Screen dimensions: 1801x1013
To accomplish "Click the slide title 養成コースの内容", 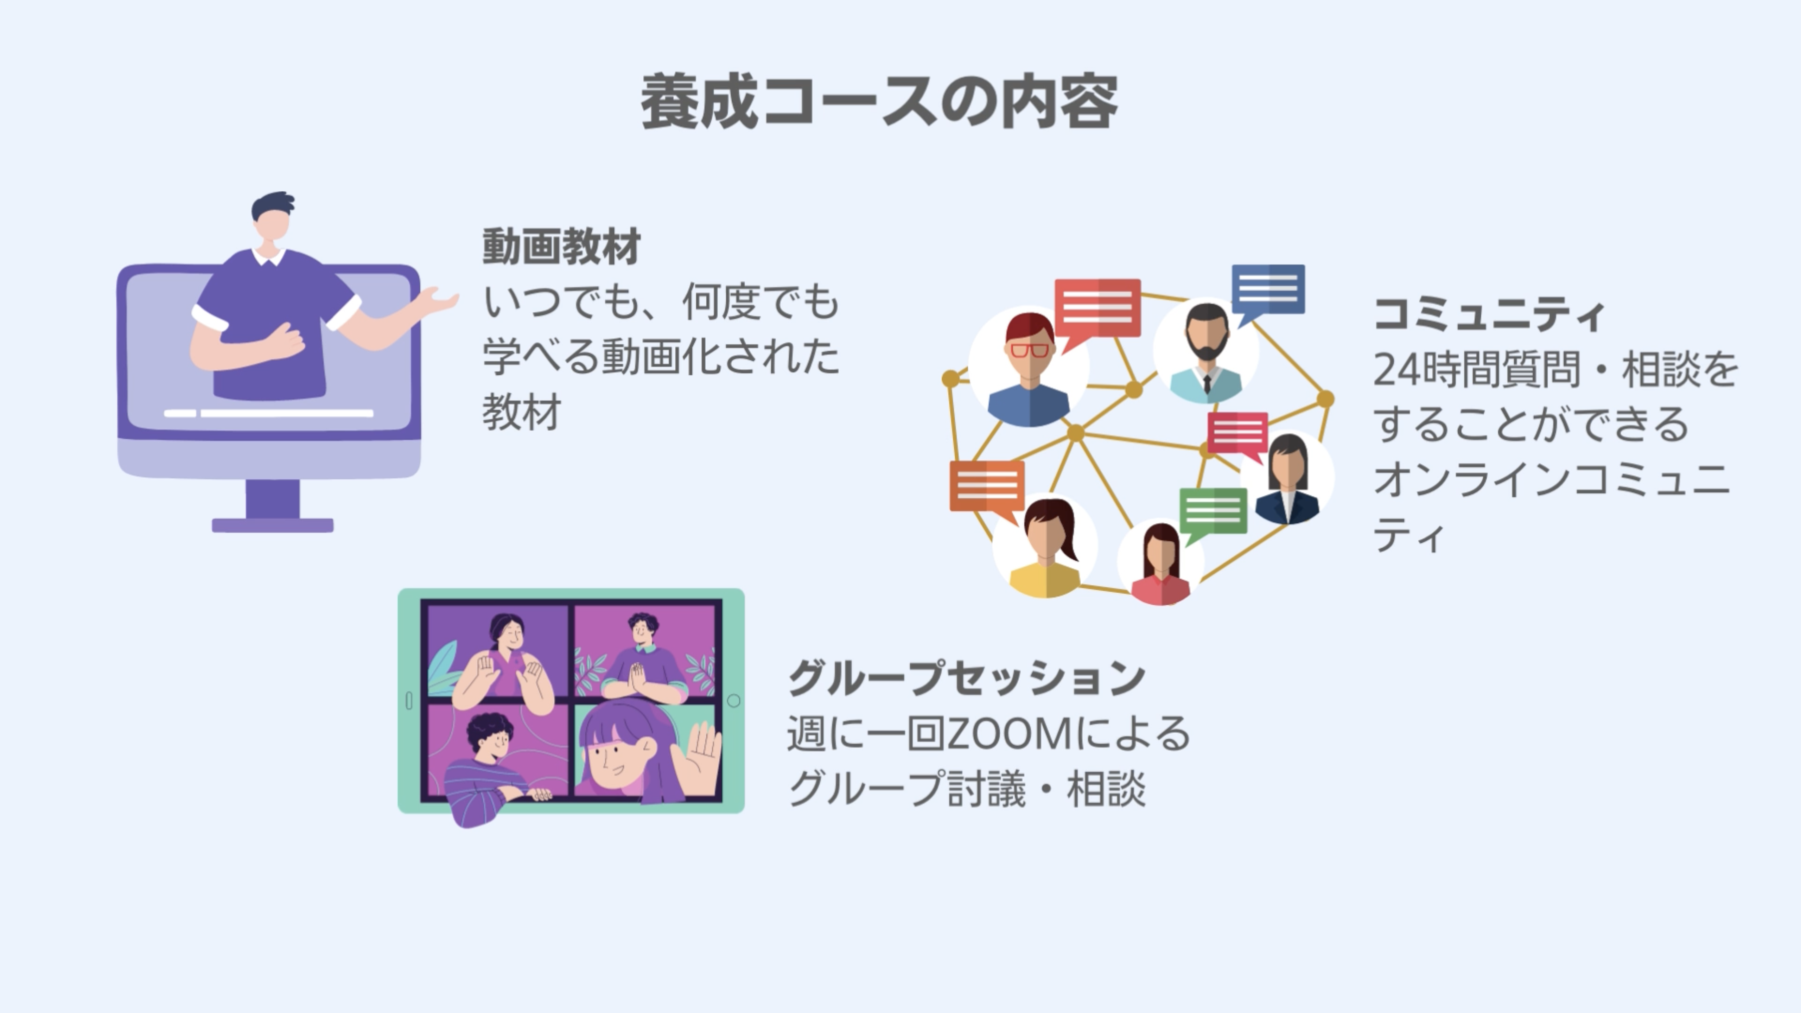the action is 879,102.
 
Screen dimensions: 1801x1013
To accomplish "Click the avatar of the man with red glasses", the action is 1029,367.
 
